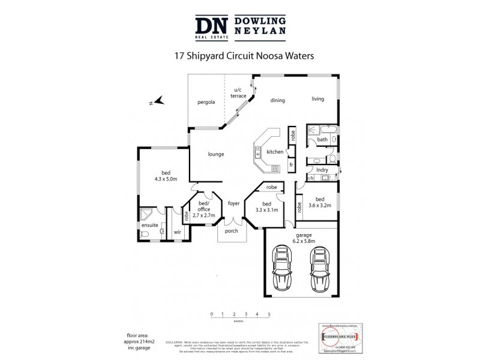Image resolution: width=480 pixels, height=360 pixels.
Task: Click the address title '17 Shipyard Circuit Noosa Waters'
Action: coord(239,55)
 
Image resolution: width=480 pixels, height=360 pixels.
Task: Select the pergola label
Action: coord(206,102)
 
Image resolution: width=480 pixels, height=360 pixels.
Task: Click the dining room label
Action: coord(277,100)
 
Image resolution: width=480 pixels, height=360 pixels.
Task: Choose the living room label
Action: coord(317,99)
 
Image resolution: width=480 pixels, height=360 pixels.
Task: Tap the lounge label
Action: coord(216,154)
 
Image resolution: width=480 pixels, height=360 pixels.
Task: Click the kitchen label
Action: coord(275,152)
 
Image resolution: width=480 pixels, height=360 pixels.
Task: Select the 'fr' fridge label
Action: coord(291,164)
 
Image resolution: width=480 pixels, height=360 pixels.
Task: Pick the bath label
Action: coord(323,140)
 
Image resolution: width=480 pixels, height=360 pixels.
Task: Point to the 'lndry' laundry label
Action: coord(322,170)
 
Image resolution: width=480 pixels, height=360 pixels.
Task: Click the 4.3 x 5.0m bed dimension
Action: coord(166,179)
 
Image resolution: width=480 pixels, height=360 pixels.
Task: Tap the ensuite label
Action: coord(151,225)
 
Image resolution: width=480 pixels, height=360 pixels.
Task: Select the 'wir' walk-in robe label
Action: coord(178,231)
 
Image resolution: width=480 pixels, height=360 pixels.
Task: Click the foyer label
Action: coord(233,203)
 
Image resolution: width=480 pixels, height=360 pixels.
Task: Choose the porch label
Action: coord(232,231)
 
